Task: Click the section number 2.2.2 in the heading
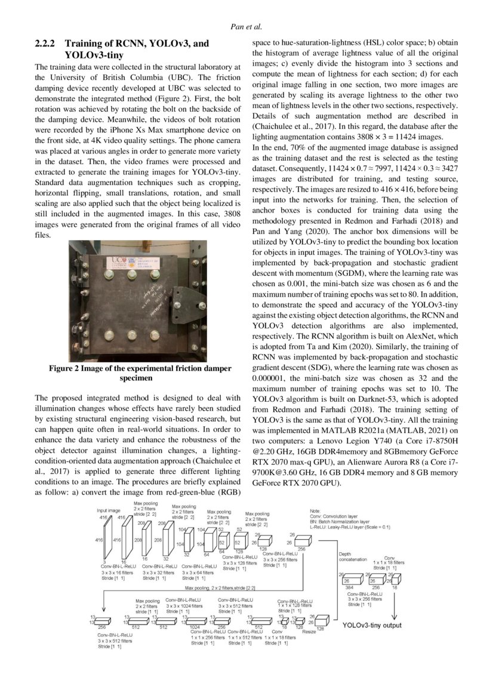coord(45,44)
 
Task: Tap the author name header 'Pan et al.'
coord(246,27)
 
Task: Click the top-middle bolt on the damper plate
coord(133,274)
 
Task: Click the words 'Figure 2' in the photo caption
coord(64,368)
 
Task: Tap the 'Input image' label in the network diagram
coord(109,511)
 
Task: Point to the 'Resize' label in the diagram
coord(309,632)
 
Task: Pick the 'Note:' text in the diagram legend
coord(316,511)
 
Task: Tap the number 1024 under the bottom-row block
coord(195,628)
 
